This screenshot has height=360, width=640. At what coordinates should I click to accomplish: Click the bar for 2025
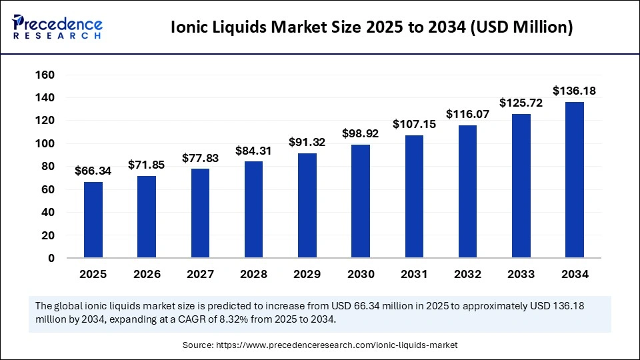[x=93, y=220]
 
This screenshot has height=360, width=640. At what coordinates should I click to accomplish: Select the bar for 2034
[x=574, y=180]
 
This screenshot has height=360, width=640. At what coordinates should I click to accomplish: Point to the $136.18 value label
[x=574, y=91]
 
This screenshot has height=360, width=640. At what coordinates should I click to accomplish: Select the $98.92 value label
[x=361, y=133]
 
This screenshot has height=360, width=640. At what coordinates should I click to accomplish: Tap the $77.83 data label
[x=200, y=158]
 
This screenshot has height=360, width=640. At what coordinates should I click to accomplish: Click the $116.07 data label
[x=467, y=114]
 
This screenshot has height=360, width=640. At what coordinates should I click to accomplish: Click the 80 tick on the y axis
[x=47, y=167]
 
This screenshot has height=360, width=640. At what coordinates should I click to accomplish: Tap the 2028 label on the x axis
[x=253, y=274]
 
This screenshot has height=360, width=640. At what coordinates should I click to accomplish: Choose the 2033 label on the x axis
[x=521, y=274]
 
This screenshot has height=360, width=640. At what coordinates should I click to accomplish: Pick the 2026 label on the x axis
[x=147, y=274]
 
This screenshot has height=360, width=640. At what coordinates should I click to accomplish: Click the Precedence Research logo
[x=57, y=27]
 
